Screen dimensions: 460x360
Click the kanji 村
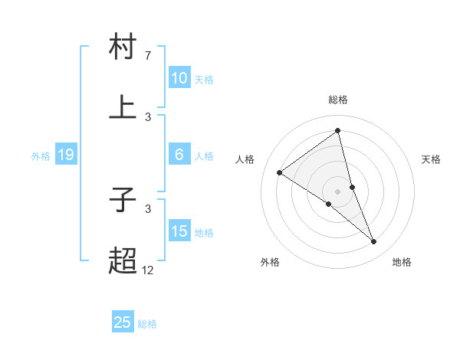pyautogui.click(x=123, y=47)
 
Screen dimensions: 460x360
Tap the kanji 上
pyautogui.click(x=123, y=107)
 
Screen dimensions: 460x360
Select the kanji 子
pyautogui.click(x=123, y=201)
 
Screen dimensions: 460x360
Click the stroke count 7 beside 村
pyautogui.click(x=147, y=56)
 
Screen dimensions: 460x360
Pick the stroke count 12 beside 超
pyautogui.click(x=148, y=270)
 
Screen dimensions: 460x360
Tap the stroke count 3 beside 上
pyautogui.click(x=147, y=116)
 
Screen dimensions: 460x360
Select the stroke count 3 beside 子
pyautogui.click(x=147, y=208)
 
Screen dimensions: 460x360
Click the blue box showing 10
pyautogui.click(x=179, y=78)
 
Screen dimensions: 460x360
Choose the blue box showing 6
pyautogui.click(x=179, y=155)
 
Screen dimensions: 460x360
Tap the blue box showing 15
pyautogui.click(x=179, y=231)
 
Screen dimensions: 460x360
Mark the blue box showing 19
pyautogui.click(x=66, y=155)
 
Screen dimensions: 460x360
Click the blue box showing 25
pyautogui.click(x=123, y=322)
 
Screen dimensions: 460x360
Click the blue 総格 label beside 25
pyautogui.click(x=148, y=324)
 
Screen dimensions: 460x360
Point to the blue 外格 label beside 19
pyautogui.click(x=41, y=156)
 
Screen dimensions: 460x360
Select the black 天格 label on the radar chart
pyautogui.click(x=431, y=159)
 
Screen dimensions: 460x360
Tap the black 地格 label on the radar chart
pyautogui.click(x=402, y=262)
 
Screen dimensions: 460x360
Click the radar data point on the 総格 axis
pyautogui.click(x=337, y=131)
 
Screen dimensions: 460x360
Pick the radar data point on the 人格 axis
pyautogui.click(x=280, y=173)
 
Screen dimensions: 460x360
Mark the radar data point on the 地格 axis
pyautogui.click(x=373, y=241)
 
